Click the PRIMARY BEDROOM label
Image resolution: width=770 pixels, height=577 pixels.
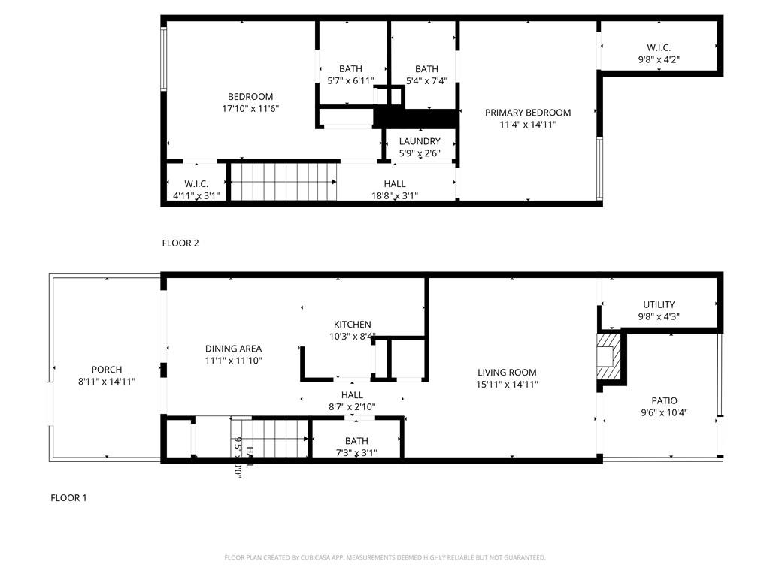[x=527, y=113]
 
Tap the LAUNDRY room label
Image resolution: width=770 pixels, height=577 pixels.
[x=420, y=141]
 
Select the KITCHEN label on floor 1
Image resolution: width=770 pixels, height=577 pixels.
[x=353, y=325]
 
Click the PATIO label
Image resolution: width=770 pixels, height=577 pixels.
[x=664, y=400]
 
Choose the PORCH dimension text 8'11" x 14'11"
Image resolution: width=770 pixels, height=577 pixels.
[x=107, y=382]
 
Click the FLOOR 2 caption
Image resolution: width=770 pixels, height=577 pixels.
[x=180, y=243]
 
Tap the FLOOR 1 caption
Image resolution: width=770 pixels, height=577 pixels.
[x=68, y=497]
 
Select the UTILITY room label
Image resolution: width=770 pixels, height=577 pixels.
[x=659, y=305]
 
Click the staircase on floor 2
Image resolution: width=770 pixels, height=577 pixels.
[x=282, y=182]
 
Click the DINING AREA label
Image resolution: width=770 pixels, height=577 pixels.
[x=233, y=349]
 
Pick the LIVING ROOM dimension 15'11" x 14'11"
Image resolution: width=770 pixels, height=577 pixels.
[x=508, y=385]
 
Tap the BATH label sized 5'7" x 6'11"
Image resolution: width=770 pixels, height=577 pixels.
[x=350, y=69]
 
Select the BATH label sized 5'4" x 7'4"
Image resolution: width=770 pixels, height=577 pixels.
[x=426, y=69]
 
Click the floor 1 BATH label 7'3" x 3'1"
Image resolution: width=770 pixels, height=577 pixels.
[x=356, y=441]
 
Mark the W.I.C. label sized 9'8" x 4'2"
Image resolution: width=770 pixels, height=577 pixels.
[x=659, y=47]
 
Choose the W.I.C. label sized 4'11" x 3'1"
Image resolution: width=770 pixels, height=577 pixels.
[x=196, y=184]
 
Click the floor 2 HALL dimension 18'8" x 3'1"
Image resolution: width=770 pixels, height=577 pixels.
[x=395, y=196]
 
